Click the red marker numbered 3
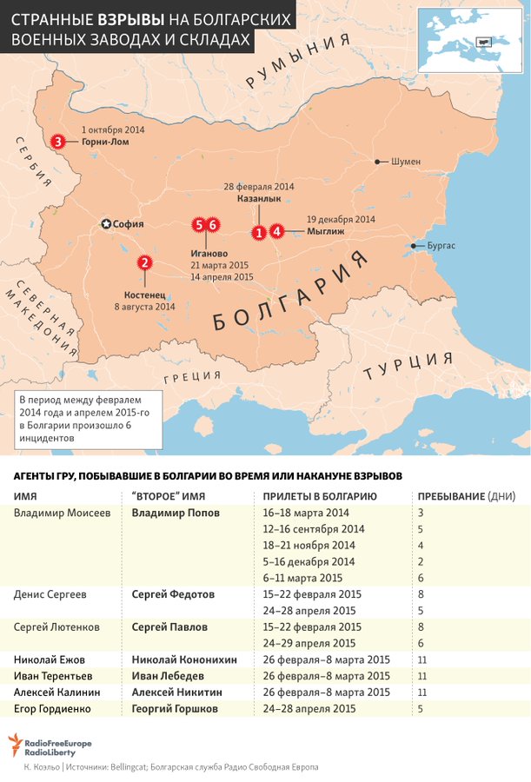57,141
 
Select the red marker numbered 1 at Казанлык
258,232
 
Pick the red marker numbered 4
276,231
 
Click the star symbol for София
107,223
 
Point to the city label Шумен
405,162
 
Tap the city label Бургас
441,246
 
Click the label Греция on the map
193,375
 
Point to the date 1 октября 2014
113,129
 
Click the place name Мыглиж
326,232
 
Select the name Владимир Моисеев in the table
62,513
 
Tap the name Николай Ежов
50,659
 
